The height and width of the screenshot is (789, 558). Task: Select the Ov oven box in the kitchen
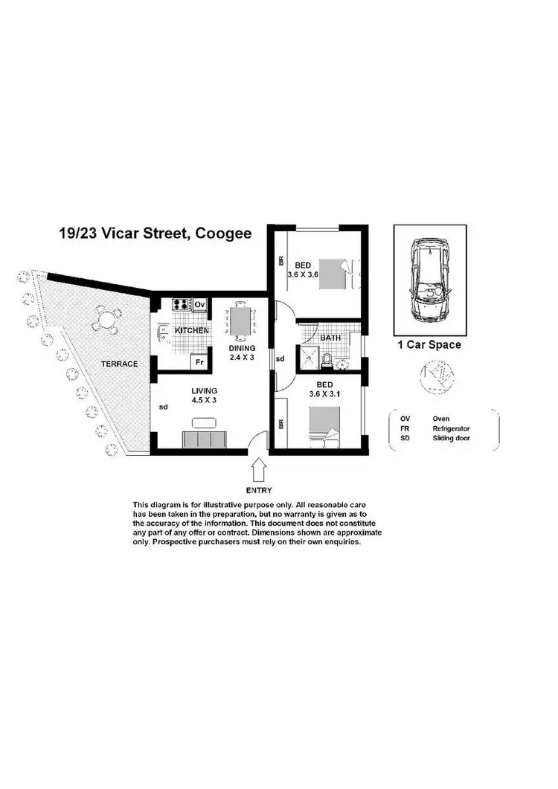[199, 304]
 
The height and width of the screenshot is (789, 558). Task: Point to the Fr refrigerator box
[198, 362]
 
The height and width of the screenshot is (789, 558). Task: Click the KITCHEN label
[191, 330]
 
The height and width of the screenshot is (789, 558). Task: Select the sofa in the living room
[205, 440]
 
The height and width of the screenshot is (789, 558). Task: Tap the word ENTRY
[260, 490]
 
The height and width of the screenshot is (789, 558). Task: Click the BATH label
[330, 338]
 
